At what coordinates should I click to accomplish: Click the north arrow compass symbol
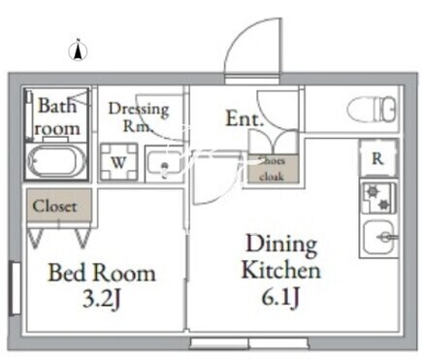pyautogui.click(x=78, y=51)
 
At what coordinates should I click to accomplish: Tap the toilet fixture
pyautogui.click(x=372, y=110)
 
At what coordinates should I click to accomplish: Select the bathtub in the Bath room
pyautogui.click(x=56, y=161)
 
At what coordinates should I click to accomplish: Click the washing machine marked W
pyautogui.click(x=118, y=162)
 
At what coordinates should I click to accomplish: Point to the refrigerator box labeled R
pyautogui.click(x=378, y=158)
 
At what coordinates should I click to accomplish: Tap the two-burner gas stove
pyautogui.click(x=378, y=198)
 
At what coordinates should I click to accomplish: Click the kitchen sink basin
pyautogui.click(x=379, y=238)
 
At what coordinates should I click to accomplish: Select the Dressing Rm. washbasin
pyautogui.click(x=164, y=164)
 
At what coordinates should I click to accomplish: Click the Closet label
pyautogui.click(x=55, y=206)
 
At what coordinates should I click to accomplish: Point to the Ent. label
pyautogui.click(x=244, y=118)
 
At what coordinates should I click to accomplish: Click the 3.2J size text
pyautogui.click(x=102, y=299)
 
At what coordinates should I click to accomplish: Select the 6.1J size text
pyautogui.click(x=280, y=297)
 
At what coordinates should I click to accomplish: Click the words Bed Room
pyautogui.click(x=102, y=273)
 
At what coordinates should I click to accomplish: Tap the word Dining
pyautogui.click(x=281, y=245)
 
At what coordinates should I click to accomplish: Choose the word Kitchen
pyautogui.click(x=281, y=270)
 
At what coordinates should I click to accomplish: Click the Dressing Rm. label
pyautogui.click(x=139, y=117)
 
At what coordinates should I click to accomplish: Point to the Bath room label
pyautogui.click(x=57, y=116)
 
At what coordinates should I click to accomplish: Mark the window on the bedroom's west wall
pyautogui.click(x=15, y=288)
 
